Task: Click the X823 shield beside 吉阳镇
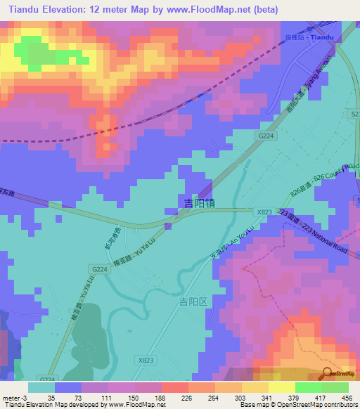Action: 264,211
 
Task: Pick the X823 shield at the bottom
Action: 144,360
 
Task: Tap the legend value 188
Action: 160,396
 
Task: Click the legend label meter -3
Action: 14,396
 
